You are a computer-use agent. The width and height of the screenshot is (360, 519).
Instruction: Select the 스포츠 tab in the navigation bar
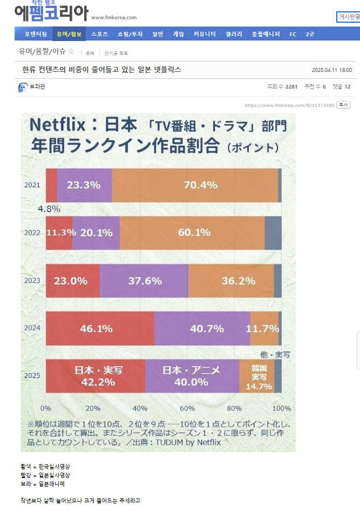point(99,34)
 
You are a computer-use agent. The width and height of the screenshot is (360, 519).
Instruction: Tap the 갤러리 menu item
point(234,34)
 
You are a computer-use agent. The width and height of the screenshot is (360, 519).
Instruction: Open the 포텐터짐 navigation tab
point(35,34)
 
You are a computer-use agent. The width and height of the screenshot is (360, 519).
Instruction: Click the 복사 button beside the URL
point(343,105)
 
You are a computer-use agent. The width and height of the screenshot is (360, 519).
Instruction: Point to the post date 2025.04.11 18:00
point(331,70)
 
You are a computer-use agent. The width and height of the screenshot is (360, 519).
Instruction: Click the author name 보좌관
point(38,86)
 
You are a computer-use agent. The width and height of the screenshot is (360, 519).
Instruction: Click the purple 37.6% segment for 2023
point(144,281)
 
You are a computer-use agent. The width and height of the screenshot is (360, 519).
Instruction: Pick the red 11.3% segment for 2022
point(59,233)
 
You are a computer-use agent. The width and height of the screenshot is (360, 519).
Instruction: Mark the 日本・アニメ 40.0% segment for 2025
point(192,376)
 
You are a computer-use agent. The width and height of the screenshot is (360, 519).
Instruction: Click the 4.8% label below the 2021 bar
point(49,208)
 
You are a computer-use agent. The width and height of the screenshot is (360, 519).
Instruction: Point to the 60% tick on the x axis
point(187,408)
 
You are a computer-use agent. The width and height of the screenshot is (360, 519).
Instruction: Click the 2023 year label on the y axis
point(32,280)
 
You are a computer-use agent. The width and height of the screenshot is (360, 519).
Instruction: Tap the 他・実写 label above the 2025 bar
point(275,355)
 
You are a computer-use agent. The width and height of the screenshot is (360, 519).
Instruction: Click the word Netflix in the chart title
point(57,125)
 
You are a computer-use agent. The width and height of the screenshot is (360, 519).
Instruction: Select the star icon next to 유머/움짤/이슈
point(71,52)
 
